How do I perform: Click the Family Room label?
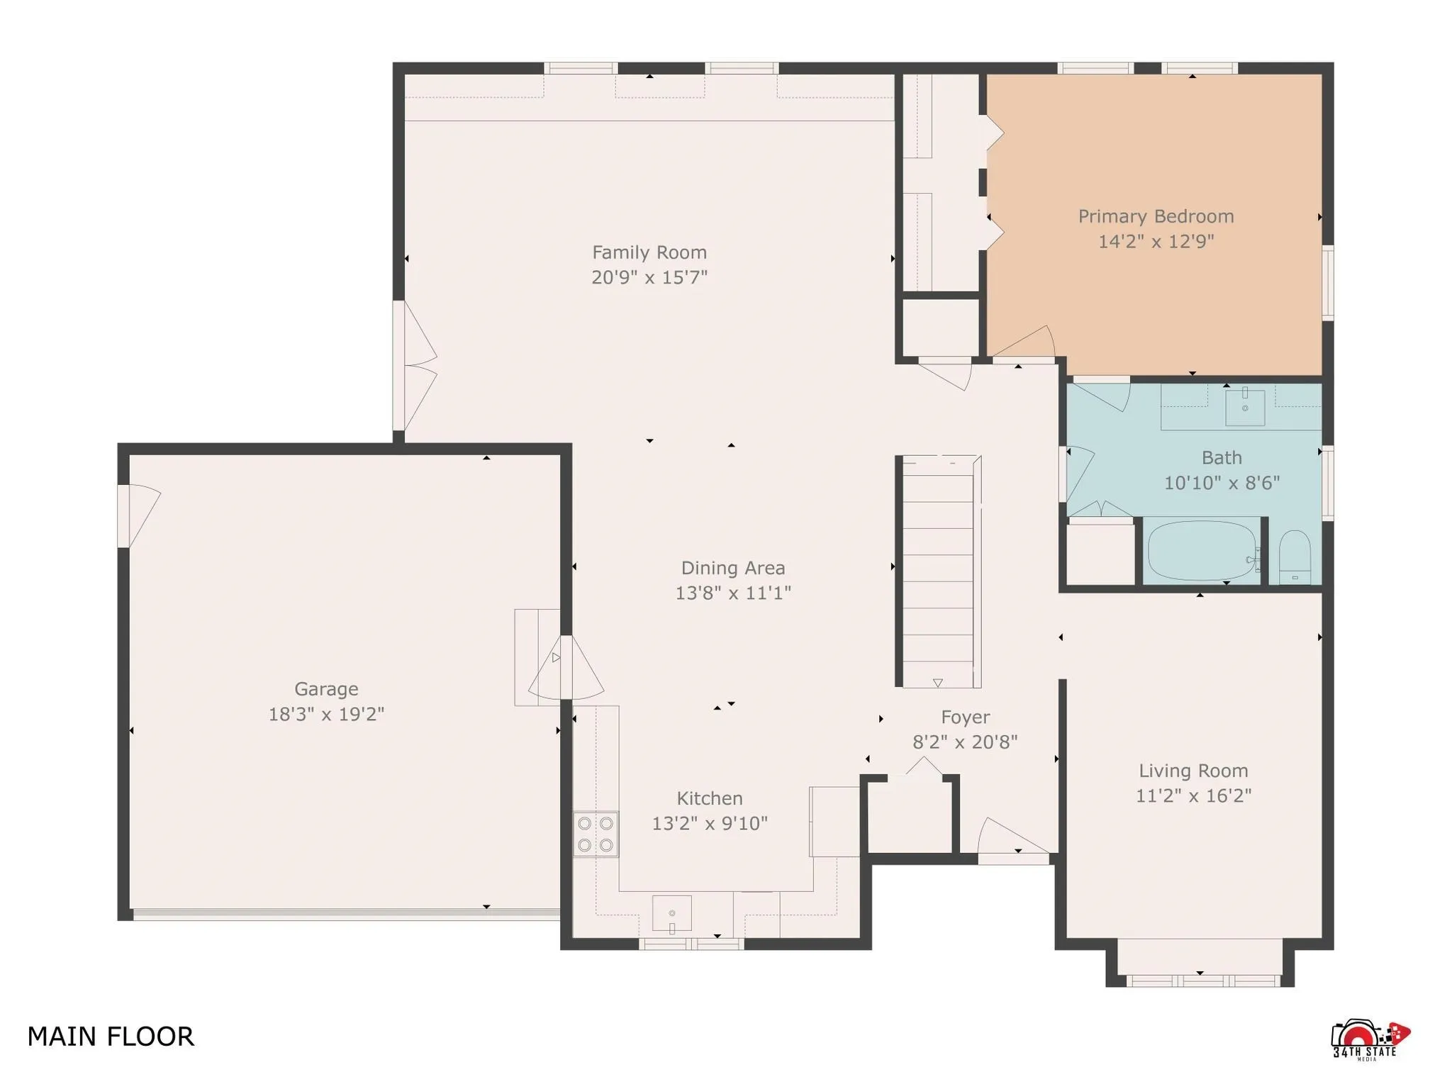tap(649, 252)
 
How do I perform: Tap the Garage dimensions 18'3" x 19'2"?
tap(326, 714)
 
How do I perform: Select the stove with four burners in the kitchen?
tap(596, 834)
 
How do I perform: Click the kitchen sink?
tap(671, 914)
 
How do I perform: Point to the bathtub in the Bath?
tap(1202, 552)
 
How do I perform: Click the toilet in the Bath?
tap(1295, 557)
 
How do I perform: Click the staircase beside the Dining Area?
tap(938, 571)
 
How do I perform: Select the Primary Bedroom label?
tap(1156, 216)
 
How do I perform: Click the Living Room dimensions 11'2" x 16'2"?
tap(1193, 795)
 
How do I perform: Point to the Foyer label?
tap(965, 717)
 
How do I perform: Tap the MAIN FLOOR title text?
tap(111, 1037)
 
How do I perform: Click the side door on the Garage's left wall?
tap(139, 515)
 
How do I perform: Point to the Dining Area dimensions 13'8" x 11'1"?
tap(732, 593)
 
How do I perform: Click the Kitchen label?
tap(709, 798)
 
